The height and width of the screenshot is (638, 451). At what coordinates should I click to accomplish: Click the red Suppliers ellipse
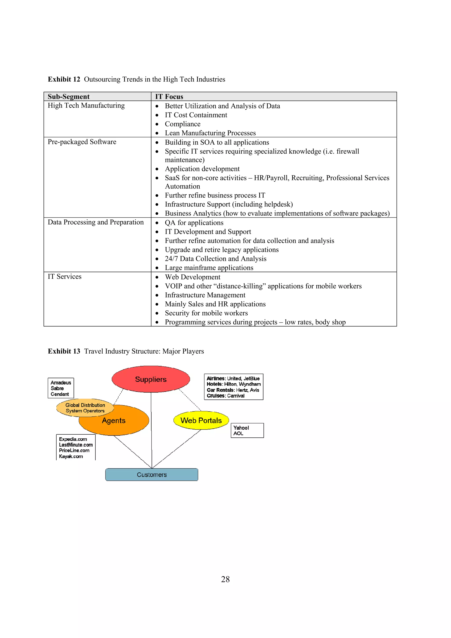point(151,379)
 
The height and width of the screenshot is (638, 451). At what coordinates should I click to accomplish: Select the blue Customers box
point(152,475)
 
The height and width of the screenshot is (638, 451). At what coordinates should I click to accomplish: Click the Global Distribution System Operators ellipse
point(85,408)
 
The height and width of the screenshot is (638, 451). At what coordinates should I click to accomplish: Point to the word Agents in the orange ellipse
point(114,420)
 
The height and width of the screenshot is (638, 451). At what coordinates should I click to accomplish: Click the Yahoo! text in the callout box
point(241,428)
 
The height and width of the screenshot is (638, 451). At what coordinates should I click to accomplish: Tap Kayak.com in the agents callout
point(71,456)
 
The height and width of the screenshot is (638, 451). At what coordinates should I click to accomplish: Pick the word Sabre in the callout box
point(57,388)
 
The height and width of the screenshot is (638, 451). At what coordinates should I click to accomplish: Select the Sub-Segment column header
point(69,96)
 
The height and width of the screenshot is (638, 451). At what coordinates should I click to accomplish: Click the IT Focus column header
point(169,96)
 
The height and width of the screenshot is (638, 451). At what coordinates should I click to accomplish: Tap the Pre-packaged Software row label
point(82,142)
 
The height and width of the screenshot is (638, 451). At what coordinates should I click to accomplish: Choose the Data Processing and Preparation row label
point(96,222)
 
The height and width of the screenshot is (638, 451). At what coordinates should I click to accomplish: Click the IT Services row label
point(65,277)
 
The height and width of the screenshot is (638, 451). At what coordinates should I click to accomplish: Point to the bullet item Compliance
point(183,124)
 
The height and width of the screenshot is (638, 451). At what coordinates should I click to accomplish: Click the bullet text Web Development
point(192,277)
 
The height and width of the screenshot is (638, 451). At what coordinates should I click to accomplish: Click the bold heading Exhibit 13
point(64,351)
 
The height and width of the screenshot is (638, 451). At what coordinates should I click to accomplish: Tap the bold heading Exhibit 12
point(64,79)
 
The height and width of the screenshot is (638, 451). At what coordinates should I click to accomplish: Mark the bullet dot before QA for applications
point(157,223)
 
